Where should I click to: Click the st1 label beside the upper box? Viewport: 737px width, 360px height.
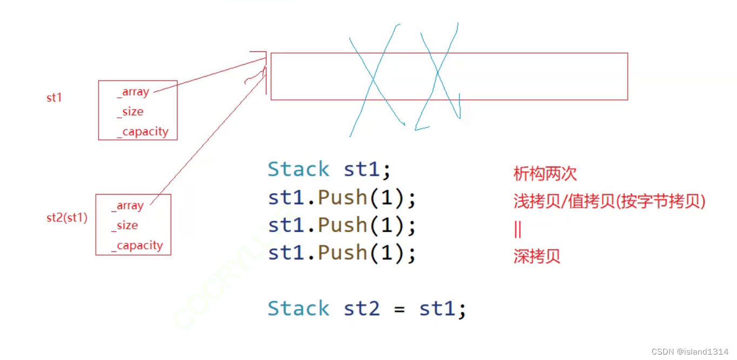tap(54, 98)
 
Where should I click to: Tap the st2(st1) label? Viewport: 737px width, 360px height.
tap(67, 218)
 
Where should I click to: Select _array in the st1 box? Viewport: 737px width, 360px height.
tap(133, 92)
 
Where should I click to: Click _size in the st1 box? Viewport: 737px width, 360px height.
tap(130, 112)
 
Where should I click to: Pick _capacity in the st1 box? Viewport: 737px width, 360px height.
tap(143, 132)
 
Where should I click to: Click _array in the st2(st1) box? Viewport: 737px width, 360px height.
tap(128, 206)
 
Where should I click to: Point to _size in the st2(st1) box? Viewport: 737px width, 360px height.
tap(125, 225)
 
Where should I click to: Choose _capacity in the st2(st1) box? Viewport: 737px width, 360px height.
tap(137, 245)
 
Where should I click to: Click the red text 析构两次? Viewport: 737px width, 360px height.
tap(545, 174)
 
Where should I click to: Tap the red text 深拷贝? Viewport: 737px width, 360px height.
tap(537, 256)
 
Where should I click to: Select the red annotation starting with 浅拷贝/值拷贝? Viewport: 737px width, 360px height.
tap(609, 202)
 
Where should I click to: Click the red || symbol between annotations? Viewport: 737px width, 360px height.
tap(517, 229)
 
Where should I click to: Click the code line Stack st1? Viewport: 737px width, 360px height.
tap(329, 169)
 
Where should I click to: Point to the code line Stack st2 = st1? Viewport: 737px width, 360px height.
tap(367, 309)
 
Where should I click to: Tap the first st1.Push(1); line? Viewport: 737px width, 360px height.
tap(342, 198)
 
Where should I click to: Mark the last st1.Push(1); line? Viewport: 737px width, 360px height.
tap(342, 253)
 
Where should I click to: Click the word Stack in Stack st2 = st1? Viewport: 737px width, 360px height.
tap(298, 309)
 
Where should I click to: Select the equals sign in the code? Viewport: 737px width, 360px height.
tap(399, 310)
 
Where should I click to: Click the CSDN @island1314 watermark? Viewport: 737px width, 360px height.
tap(690, 351)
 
